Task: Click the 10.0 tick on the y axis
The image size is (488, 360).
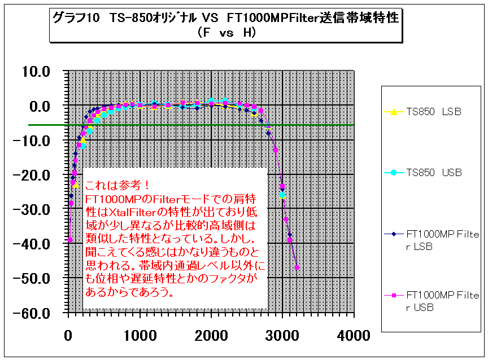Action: [36, 71]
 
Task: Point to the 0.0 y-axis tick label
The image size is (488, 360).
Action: [39, 106]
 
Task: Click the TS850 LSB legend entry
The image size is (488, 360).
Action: [434, 112]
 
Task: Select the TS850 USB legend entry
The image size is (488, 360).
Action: [434, 173]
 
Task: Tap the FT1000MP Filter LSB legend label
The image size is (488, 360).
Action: [443, 239]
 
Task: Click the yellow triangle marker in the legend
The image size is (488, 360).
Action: [396, 112]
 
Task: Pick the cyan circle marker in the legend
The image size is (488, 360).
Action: [396, 173]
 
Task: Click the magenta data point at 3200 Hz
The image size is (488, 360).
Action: [297, 267]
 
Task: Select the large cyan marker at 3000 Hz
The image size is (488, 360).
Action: [282, 195]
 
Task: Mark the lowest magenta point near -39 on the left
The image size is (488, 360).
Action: [69, 240]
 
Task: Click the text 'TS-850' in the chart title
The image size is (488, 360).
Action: [132, 18]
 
